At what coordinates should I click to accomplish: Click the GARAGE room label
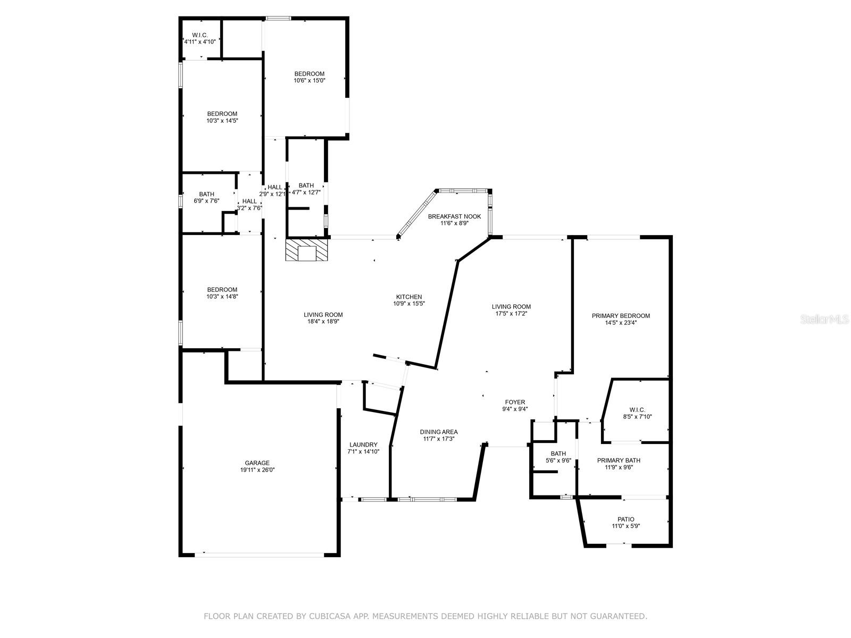[257, 463]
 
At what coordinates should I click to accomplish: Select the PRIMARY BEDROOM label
[621, 316]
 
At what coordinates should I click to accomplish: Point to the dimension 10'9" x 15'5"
[408, 304]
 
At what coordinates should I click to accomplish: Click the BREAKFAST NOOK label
[454, 216]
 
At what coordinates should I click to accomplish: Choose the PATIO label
[625, 519]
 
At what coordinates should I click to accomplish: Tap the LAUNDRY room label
[363, 444]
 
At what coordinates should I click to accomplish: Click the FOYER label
[515, 402]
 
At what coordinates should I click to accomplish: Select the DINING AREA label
[438, 432]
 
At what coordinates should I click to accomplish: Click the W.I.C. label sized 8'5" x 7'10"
[637, 409]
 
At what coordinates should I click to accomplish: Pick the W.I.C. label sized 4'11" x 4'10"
[199, 35]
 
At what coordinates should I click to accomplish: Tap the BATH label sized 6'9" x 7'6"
[206, 194]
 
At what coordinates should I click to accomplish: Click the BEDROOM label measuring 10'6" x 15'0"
[309, 74]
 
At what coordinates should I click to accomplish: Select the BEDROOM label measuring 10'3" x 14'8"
[222, 290]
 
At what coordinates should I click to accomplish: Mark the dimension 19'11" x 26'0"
[257, 469]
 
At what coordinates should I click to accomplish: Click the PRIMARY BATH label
[619, 460]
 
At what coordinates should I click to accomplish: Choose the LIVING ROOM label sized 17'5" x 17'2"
[511, 306]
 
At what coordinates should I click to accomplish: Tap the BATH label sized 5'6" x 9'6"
[558, 454]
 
